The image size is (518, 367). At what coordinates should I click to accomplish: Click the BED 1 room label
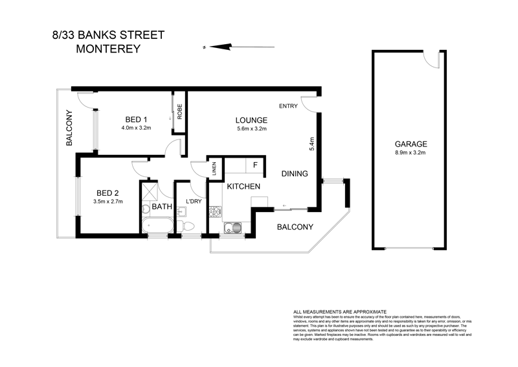[136, 119]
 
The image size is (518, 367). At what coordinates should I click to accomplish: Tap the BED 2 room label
[108, 193]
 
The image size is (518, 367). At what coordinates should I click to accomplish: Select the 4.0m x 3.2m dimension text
[136, 128]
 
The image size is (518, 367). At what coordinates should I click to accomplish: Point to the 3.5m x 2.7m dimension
[108, 202]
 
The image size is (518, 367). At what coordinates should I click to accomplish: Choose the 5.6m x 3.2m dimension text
[252, 128]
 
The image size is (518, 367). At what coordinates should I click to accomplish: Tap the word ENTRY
[288, 106]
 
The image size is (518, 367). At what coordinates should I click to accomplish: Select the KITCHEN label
[243, 187]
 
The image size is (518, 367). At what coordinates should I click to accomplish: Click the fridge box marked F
[255, 165]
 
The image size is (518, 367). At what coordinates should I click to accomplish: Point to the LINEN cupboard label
[214, 169]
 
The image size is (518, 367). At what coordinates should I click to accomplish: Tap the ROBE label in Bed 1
[179, 113]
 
